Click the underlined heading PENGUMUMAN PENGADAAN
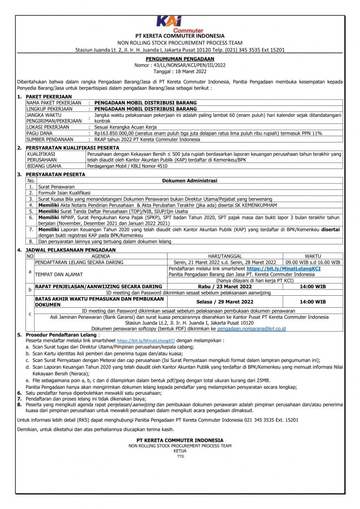180,59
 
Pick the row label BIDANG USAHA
44,166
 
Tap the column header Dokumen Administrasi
190,180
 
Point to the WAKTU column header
312,255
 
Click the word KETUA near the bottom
180,451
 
